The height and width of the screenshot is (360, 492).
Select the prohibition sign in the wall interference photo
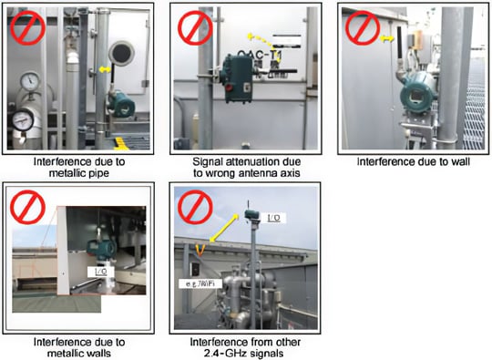361,26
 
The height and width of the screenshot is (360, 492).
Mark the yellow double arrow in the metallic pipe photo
106,69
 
